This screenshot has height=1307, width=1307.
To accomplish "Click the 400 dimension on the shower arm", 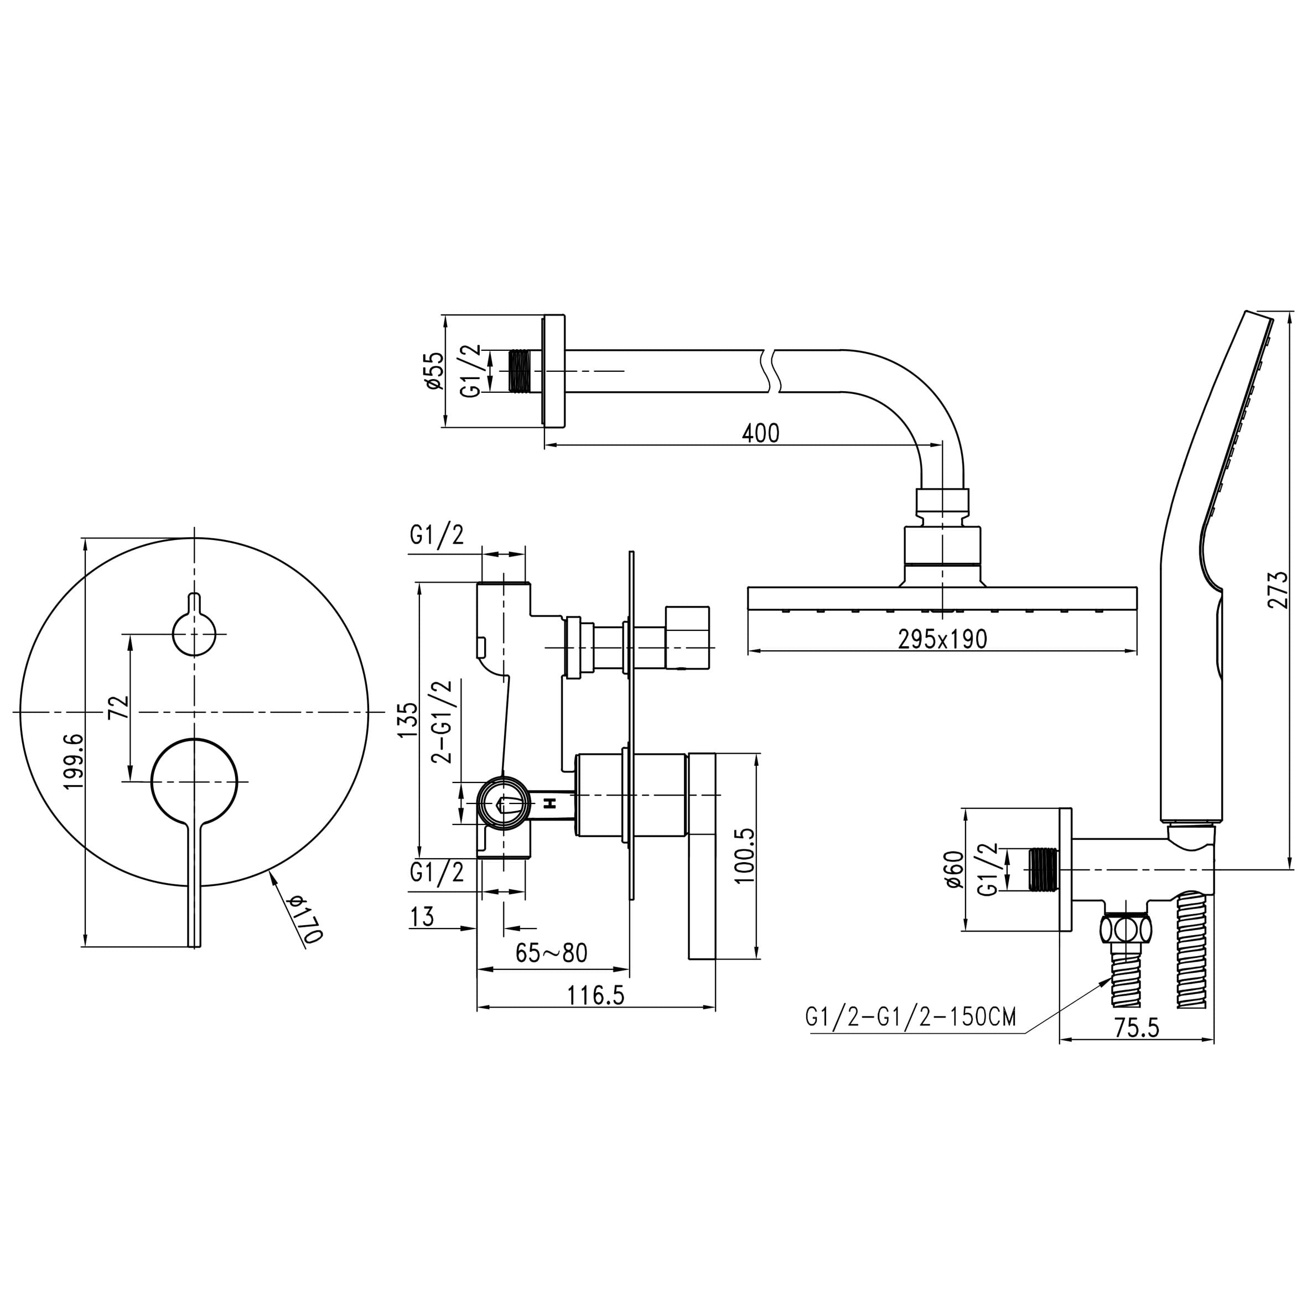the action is [x=760, y=433].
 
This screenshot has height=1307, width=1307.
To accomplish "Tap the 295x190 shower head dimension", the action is [x=942, y=639].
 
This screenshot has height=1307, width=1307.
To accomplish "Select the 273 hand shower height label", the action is [x=1278, y=590].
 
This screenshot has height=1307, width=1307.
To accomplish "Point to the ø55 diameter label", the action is [x=434, y=371].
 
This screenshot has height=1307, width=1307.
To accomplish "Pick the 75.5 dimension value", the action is [x=1136, y=1028].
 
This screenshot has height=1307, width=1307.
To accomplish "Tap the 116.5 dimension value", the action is [x=595, y=995].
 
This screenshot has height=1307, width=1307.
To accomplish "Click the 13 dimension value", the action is [x=422, y=917].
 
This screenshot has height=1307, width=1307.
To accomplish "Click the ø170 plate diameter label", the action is [x=305, y=919].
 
